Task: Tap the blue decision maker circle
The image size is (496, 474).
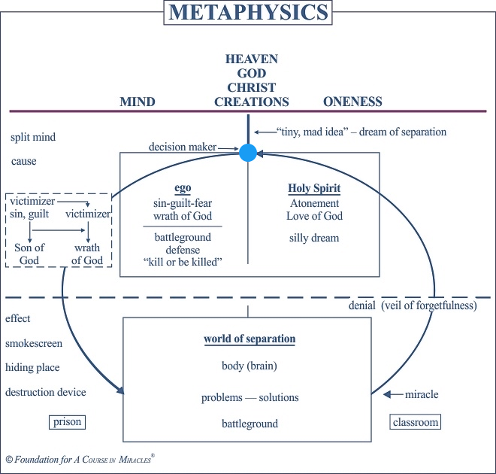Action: pyautogui.click(x=247, y=153)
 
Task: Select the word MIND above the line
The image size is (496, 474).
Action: pyautogui.click(x=138, y=102)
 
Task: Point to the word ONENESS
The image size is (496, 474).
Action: pyautogui.click(x=352, y=102)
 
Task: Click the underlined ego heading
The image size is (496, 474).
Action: pyautogui.click(x=183, y=189)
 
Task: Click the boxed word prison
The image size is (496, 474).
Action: pyautogui.click(x=66, y=422)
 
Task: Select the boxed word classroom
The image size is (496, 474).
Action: pyautogui.click(x=415, y=422)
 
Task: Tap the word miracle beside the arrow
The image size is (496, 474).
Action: pyautogui.click(x=421, y=394)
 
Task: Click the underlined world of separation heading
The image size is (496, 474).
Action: pyautogui.click(x=250, y=339)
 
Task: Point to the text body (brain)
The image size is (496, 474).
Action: pyautogui.click(x=250, y=367)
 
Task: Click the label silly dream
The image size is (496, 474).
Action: pyautogui.click(x=313, y=239)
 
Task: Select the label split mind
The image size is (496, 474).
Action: pyautogui.click(x=33, y=138)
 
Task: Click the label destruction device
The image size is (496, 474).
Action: pyautogui.click(x=46, y=392)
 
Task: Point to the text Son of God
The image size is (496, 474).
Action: pyautogui.click(x=29, y=254)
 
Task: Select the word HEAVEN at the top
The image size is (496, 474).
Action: pyautogui.click(x=252, y=59)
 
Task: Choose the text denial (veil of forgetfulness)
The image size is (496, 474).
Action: pyautogui.click(x=413, y=305)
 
